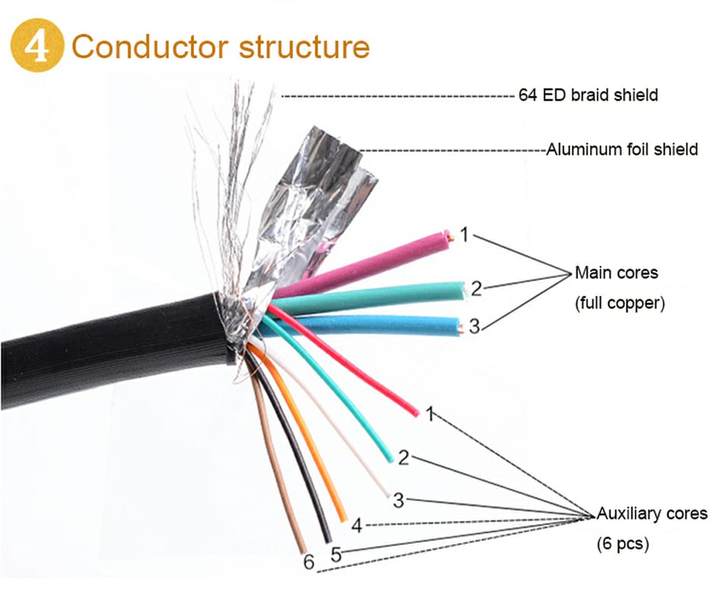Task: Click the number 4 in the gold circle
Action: point(36,46)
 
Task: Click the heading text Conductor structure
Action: point(220,46)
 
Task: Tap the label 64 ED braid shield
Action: point(588,96)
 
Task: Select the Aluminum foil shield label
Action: point(622,149)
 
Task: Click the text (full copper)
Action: point(619,303)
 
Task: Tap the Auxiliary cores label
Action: point(652,514)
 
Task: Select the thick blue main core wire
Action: point(379,325)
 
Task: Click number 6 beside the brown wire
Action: point(308,562)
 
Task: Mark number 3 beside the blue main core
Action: point(474,327)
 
